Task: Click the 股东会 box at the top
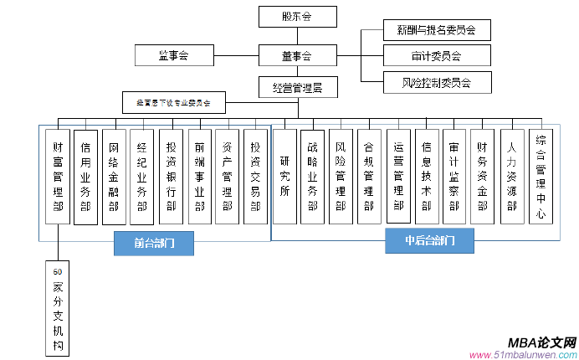point(297,16)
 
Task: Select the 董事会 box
point(297,56)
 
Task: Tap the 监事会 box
point(174,56)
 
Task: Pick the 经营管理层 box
point(297,86)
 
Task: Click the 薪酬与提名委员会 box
point(436,30)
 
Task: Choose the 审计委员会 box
point(436,56)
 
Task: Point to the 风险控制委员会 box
point(436,83)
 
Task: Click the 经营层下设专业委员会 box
point(173,104)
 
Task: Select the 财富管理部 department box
point(57,176)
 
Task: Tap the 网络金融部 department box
point(114,176)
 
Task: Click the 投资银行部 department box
point(171,176)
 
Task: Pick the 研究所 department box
point(286,176)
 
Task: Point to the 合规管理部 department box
point(369,176)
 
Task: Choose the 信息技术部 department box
point(427,176)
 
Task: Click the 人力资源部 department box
point(512,176)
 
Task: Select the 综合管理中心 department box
point(541,176)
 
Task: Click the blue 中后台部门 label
point(429,241)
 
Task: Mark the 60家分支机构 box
point(57,307)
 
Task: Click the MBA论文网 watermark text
point(542,343)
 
